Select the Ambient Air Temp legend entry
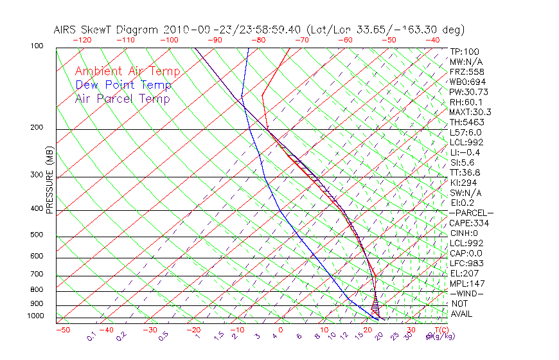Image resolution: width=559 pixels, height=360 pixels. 127,71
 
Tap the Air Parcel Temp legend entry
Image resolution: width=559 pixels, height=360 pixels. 122,98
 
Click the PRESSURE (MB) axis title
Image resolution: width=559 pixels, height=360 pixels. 49,181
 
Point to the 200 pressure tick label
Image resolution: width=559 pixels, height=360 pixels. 37,127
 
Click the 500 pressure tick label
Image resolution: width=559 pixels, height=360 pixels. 37,235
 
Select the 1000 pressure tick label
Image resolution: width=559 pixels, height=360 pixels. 35,316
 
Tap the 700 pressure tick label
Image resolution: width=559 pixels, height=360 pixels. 37,275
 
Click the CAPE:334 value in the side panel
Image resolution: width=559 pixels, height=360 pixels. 469,223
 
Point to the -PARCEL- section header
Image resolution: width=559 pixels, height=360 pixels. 471,213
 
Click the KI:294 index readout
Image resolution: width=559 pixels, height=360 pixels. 463,183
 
